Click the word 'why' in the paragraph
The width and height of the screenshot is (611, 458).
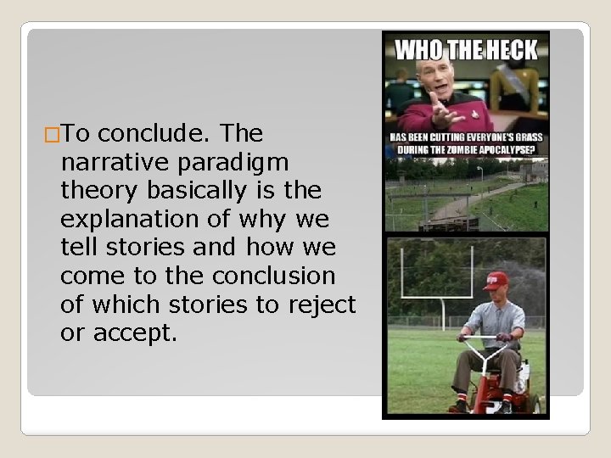click(262, 220)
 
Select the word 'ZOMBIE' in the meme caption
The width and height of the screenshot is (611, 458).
click(470, 150)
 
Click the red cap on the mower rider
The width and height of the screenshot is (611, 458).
click(496, 280)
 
